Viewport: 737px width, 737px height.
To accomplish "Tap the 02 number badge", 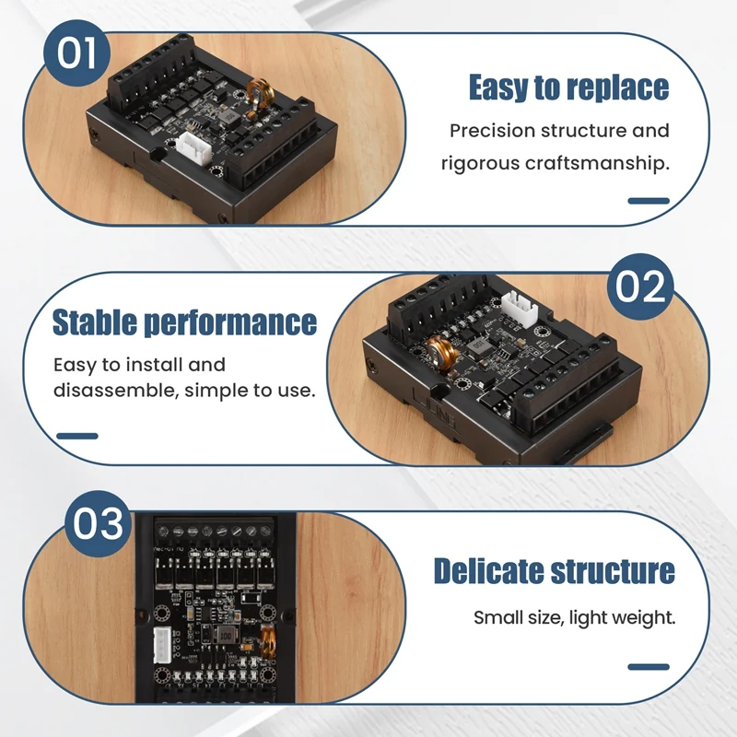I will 639,287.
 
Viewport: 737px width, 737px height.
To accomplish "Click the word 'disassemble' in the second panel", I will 113,390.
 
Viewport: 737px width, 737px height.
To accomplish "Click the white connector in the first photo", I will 195,146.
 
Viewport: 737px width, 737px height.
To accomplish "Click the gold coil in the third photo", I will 268,641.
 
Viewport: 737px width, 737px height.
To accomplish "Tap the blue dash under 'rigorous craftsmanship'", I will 649,200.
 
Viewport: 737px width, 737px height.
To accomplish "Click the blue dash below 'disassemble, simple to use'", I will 77,436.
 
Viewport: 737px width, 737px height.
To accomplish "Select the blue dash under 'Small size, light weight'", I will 649,666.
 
